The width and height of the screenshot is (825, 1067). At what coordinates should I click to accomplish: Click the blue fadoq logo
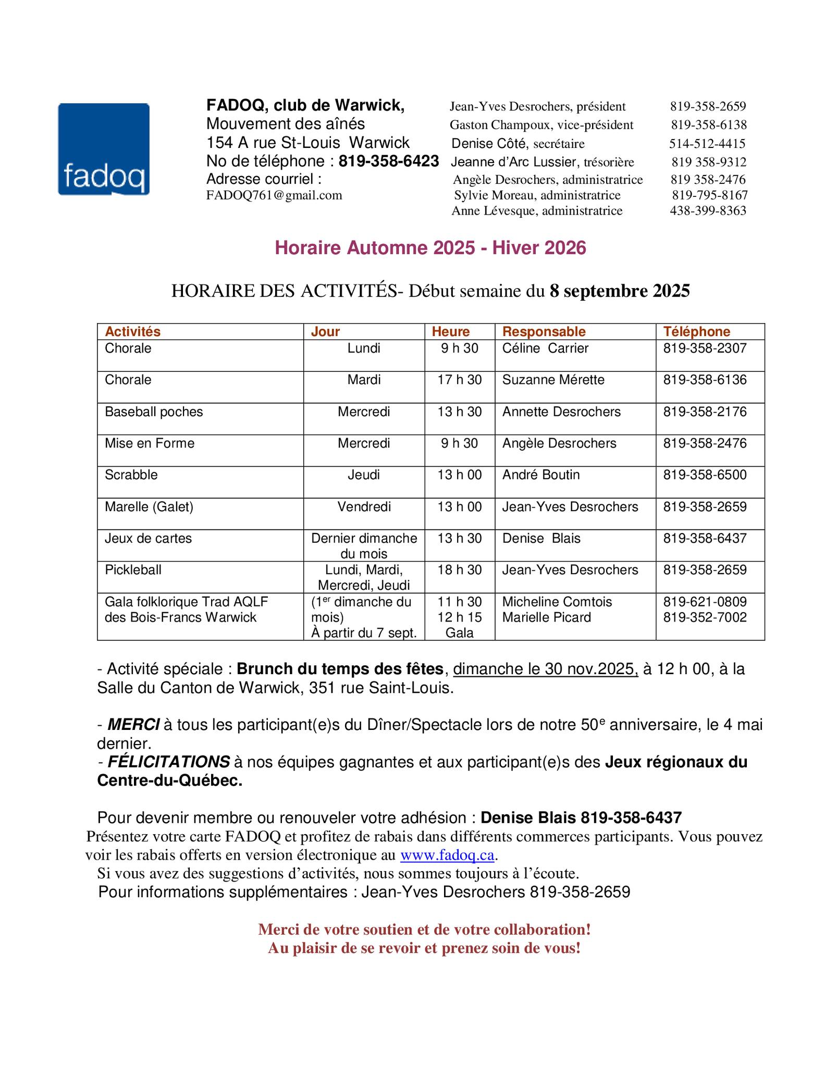click(103, 149)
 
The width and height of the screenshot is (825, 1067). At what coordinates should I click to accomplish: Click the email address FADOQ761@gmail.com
click(274, 195)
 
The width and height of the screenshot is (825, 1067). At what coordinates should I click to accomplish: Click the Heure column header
click(451, 332)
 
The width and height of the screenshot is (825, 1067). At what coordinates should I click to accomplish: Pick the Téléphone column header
click(696, 332)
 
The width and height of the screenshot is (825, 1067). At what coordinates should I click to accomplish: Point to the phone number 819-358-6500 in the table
click(705, 475)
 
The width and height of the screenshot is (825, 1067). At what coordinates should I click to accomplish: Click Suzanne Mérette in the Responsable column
click(553, 380)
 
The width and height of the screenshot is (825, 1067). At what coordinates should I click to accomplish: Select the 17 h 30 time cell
click(459, 380)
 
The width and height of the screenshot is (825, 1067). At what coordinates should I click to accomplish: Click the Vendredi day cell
click(364, 507)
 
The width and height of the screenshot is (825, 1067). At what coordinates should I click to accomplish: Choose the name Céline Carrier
click(545, 348)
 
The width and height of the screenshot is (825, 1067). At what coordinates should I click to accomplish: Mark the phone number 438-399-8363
click(708, 211)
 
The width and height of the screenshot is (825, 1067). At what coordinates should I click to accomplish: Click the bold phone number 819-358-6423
click(389, 162)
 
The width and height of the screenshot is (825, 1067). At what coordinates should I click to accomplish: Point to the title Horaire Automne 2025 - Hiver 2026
click(430, 248)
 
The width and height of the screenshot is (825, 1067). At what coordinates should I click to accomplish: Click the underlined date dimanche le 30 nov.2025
click(546, 669)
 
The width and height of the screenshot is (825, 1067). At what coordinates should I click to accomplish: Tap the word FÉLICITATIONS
click(168, 762)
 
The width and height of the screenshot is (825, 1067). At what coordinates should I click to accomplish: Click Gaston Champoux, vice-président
click(541, 125)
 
